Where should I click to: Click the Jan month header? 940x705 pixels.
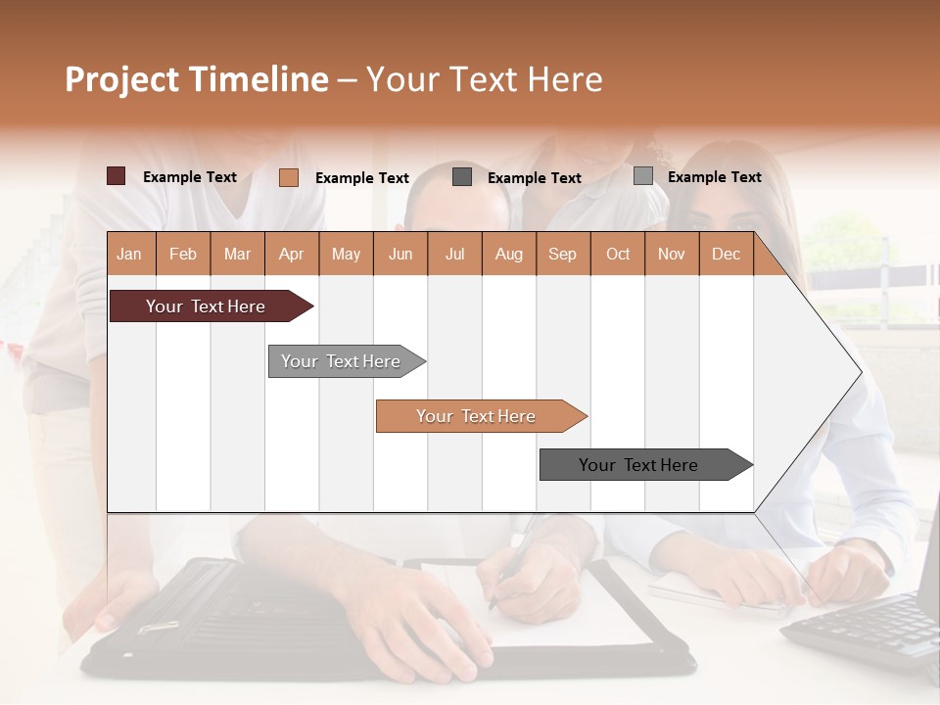[x=130, y=254]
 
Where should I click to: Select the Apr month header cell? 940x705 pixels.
[x=292, y=254]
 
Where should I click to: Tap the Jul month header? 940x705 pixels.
[x=454, y=254]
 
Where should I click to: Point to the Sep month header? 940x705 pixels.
[x=563, y=254]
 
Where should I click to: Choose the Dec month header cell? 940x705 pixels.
[x=726, y=254]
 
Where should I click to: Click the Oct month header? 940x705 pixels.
[x=618, y=254]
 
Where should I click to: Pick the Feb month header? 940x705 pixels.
[x=183, y=254]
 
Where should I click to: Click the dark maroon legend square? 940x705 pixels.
[x=117, y=176]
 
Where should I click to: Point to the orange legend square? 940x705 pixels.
[x=289, y=177]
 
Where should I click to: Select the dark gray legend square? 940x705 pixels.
[x=462, y=176]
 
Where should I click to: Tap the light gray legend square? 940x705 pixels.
[x=643, y=176]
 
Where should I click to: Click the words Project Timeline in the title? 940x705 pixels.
[x=196, y=79]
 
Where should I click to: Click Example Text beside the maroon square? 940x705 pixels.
[x=190, y=177]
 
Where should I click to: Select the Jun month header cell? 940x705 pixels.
[x=400, y=254]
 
